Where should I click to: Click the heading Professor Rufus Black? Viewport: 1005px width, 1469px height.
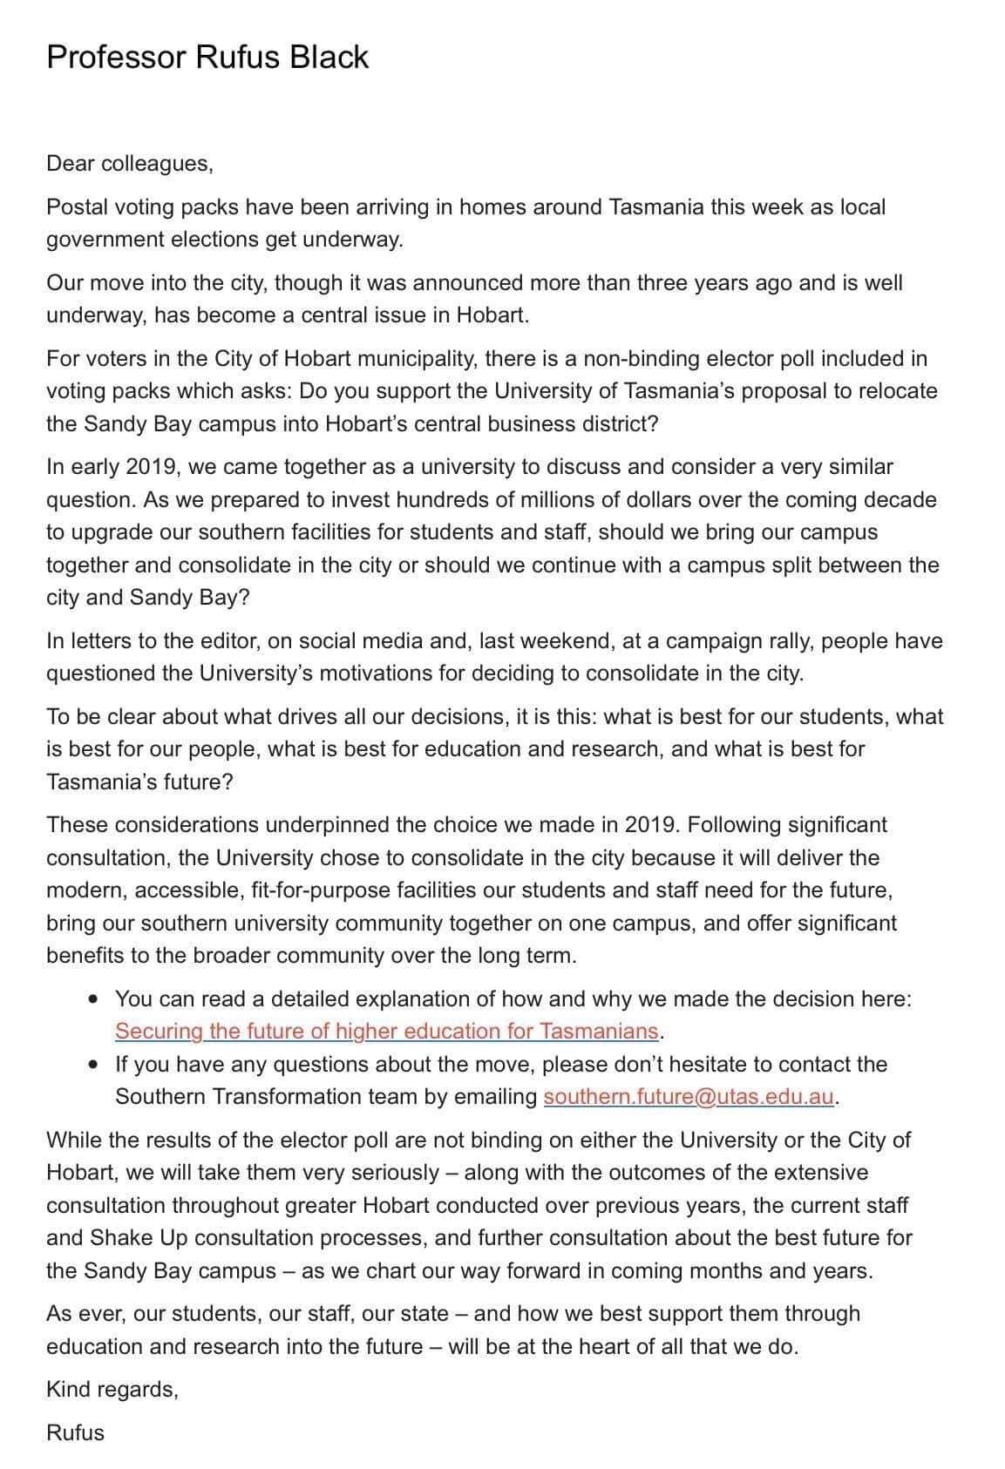click(x=207, y=58)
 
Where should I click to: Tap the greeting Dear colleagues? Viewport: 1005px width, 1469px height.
click(x=129, y=164)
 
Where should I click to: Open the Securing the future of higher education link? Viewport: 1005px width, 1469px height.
click(x=386, y=1032)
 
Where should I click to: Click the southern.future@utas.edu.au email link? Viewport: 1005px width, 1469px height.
click(x=689, y=1097)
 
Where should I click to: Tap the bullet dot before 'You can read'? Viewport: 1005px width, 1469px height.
click(x=93, y=999)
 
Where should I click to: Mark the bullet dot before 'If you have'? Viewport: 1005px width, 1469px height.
click(x=93, y=1065)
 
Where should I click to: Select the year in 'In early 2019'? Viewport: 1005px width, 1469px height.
click(x=153, y=467)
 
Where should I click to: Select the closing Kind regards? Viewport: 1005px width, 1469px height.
click(x=112, y=1390)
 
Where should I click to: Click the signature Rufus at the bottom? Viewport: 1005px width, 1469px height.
click(x=75, y=1433)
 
